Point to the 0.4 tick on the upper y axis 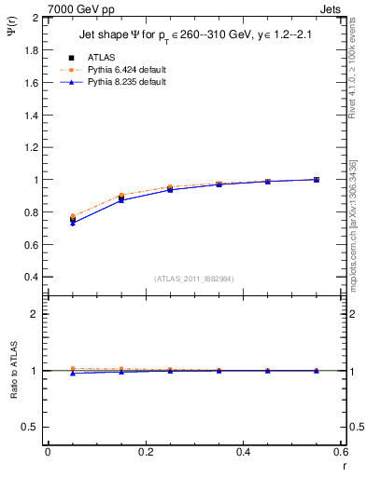click(x=31, y=278)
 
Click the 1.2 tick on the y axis click(x=31, y=147)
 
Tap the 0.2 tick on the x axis click(x=146, y=452)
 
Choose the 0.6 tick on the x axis click(x=341, y=452)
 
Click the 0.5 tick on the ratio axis click(x=31, y=427)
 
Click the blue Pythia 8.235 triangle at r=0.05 click(x=73, y=223)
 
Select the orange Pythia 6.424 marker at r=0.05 click(x=73, y=216)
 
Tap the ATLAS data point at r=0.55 click(x=317, y=180)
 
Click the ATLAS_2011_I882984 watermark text click(x=193, y=279)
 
